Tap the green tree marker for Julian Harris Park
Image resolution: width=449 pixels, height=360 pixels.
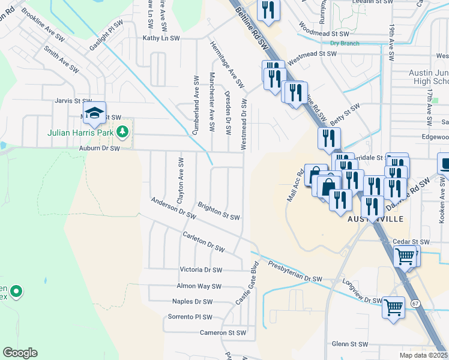[x=122, y=131]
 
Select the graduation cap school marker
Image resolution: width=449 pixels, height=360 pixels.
[x=94, y=113]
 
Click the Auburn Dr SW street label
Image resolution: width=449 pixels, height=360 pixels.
[x=100, y=148]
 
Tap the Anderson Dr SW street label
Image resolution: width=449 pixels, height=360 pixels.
[x=173, y=207]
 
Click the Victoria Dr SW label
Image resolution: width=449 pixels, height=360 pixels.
[x=201, y=271]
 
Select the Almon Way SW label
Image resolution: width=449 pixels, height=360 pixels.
[x=199, y=286]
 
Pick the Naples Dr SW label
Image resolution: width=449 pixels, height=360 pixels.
[x=192, y=302]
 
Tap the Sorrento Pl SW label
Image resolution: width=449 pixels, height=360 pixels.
[x=190, y=317]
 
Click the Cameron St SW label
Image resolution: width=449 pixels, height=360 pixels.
[x=223, y=332]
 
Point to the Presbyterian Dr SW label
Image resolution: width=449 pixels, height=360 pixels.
[x=295, y=272]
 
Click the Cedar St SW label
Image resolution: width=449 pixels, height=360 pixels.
[x=411, y=242]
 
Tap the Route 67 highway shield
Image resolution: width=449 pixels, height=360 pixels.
[x=415, y=304]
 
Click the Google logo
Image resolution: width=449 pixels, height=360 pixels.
[x=20, y=352]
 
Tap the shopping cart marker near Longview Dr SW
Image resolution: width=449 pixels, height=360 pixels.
[x=394, y=308]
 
